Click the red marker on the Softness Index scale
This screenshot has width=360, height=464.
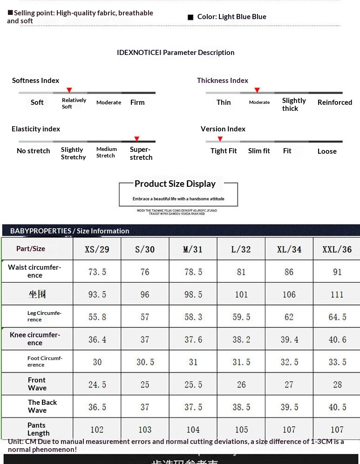[x=69, y=89]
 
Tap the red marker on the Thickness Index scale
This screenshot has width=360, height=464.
[x=257, y=89]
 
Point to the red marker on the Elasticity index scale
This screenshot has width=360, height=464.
[x=136, y=138]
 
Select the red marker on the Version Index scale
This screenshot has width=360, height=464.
[x=220, y=138]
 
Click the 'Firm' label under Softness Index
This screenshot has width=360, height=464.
[x=137, y=102]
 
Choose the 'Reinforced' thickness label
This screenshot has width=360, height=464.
[x=335, y=102]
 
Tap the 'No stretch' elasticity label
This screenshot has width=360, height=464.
[x=34, y=151]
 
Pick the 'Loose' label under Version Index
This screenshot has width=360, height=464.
[x=327, y=151]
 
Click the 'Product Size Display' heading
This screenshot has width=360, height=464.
[x=175, y=184]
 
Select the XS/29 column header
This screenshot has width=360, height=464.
[x=97, y=249]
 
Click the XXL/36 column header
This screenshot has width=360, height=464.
[x=337, y=249]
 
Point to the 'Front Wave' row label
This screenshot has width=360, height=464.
[x=37, y=384]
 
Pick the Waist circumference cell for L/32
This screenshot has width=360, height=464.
[x=241, y=272]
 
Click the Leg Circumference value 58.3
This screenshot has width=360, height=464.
[x=193, y=317]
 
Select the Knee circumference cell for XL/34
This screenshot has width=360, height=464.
[x=289, y=340]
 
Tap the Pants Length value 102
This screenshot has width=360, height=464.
[x=97, y=430]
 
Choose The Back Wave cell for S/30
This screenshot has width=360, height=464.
[x=145, y=407]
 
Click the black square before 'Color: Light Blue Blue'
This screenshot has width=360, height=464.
[x=190, y=17]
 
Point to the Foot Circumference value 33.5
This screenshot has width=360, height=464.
[x=337, y=362]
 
